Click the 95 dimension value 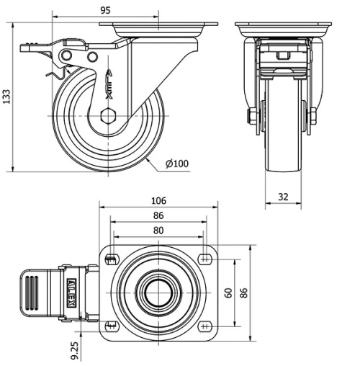[x=105, y=11]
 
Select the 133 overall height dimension [x=6, y=97]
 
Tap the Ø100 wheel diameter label [x=176, y=164]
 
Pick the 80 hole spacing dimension [x=158, y=231]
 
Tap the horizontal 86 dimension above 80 [x=158, y=215]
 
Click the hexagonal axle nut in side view [x=109, y=116]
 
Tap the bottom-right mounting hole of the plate [x=205, y=326]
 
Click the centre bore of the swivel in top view [x=158, y=293]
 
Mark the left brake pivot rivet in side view [x=67, y=56]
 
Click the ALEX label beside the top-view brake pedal [x=72, y=293]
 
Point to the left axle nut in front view [x=253, y=116]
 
